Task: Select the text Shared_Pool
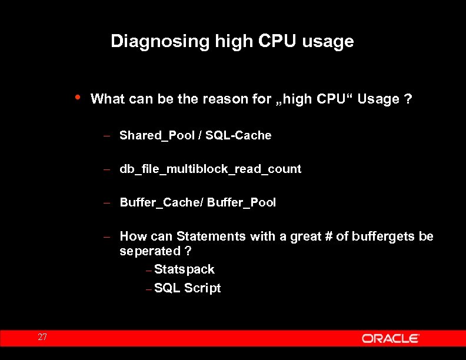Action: [157, 136]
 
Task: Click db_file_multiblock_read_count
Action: [210, 169]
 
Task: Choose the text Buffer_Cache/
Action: [161, 203]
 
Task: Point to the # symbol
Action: [327, 236]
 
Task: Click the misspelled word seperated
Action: [150, 251]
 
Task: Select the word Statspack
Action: [184, 270]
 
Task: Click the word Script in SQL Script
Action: [202, 288]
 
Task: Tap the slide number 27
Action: [42, 338]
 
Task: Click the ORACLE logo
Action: [390, 338]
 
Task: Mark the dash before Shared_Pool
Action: [108, 136]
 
